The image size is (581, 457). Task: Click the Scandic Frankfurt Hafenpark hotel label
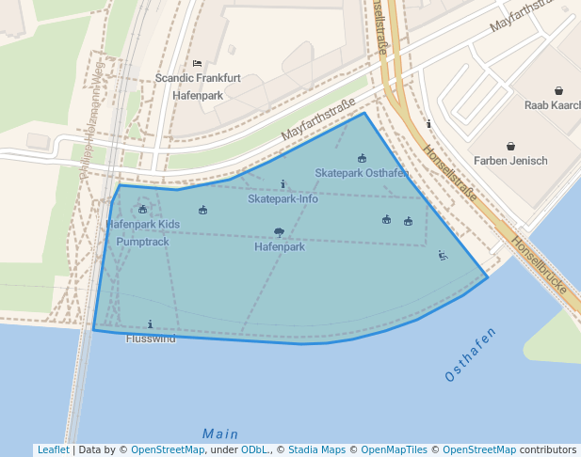pos(197,87)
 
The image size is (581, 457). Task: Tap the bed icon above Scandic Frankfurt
pos(197,64)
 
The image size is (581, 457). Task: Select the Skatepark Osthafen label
pos(362,174)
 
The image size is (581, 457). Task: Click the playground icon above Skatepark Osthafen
pos(362,159)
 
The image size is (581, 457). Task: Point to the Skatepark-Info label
pos(282,199)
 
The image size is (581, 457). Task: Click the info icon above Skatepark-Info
pos(282,184)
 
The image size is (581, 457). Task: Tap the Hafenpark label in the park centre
pos(280,247)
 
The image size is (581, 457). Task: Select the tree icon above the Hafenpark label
pos(279,231)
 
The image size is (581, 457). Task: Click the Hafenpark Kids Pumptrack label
pos(142,233)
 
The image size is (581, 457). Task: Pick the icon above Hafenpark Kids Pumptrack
pos(142,210)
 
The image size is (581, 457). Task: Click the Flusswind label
pos(151,339)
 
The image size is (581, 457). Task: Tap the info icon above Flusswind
pos(151,323)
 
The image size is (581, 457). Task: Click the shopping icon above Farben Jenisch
pos(510,146)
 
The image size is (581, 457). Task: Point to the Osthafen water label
pos(470,355)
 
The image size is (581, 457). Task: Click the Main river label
pos(220,433)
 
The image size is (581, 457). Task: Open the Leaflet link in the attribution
pos(53,450)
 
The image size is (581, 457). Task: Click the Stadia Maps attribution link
pos(316,450)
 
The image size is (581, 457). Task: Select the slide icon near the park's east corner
pos(443,255)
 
